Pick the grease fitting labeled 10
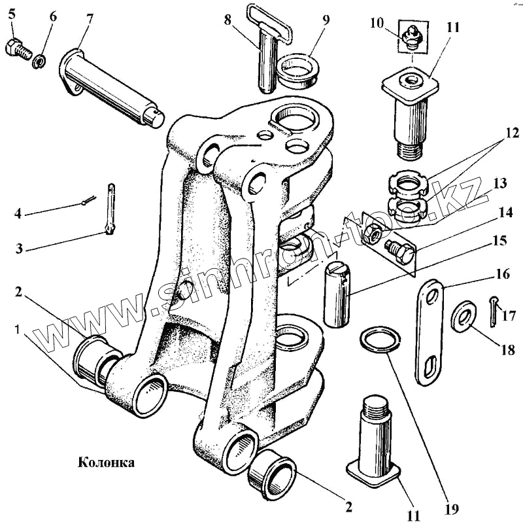pyautogui.click(x=411, y=38)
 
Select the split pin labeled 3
pyautogui.click(x=111, y=206)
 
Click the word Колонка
pyautogui.click(x=107, y=463)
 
